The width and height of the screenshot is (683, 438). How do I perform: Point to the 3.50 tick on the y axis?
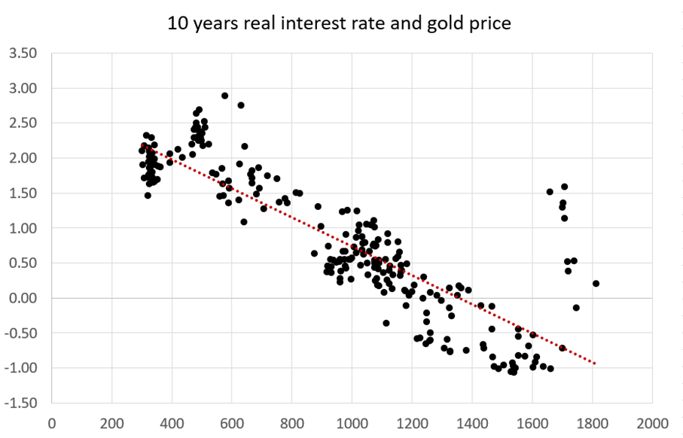tap(22, 54)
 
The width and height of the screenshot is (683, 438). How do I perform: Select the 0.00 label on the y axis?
tap(22, 298)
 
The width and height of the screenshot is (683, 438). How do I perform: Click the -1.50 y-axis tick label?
tap(20, 403)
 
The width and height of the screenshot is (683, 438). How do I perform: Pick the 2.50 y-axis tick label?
tap(22, 123)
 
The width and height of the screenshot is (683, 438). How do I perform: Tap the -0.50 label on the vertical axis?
tap(20, 333)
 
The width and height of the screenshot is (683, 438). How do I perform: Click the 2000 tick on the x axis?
tap(651, 423)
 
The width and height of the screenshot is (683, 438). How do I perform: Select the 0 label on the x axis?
tap(52, 423)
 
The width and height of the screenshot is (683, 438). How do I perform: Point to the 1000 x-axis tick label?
tap(352, 423)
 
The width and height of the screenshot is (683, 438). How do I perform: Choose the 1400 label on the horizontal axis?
tap(472, 423)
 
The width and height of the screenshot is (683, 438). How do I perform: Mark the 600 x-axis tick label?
tap(232, 423)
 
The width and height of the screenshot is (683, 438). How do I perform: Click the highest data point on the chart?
tap(224, 96)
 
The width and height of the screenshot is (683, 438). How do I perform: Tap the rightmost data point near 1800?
tap(596, 284)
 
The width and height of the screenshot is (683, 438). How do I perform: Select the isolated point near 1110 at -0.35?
tap(386, 323)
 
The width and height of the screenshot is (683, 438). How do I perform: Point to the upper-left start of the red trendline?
tap(142, 145)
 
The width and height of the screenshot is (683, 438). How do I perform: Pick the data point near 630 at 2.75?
tap(241, 105)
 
